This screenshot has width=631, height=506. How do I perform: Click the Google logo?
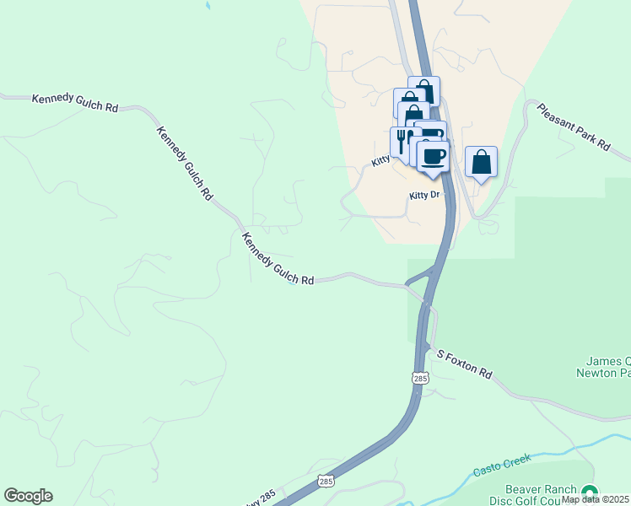click(x=28, y=496)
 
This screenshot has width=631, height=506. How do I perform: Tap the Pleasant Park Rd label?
click(x=573, y=127)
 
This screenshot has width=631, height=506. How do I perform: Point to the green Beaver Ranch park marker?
click(x=589, y=493)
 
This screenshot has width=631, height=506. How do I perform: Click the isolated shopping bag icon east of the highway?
click(x=481, y=162)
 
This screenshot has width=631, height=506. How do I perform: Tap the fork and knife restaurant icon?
click(x=402, y=140)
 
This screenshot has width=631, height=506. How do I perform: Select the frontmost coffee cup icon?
click(x=433, y=155)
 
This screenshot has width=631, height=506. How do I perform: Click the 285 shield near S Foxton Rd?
click(x=420, y=379)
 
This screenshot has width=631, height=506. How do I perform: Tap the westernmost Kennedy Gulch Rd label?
click(x=75, y=103)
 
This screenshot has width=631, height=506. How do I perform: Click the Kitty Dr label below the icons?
click(x=425, y=195)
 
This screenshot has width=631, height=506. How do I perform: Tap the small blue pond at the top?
click(x=208, y=6)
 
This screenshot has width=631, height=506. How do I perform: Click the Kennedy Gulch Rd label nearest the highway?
click(x=278, y=259)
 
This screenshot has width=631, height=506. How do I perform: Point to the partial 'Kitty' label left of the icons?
click(x=380, y=159)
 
